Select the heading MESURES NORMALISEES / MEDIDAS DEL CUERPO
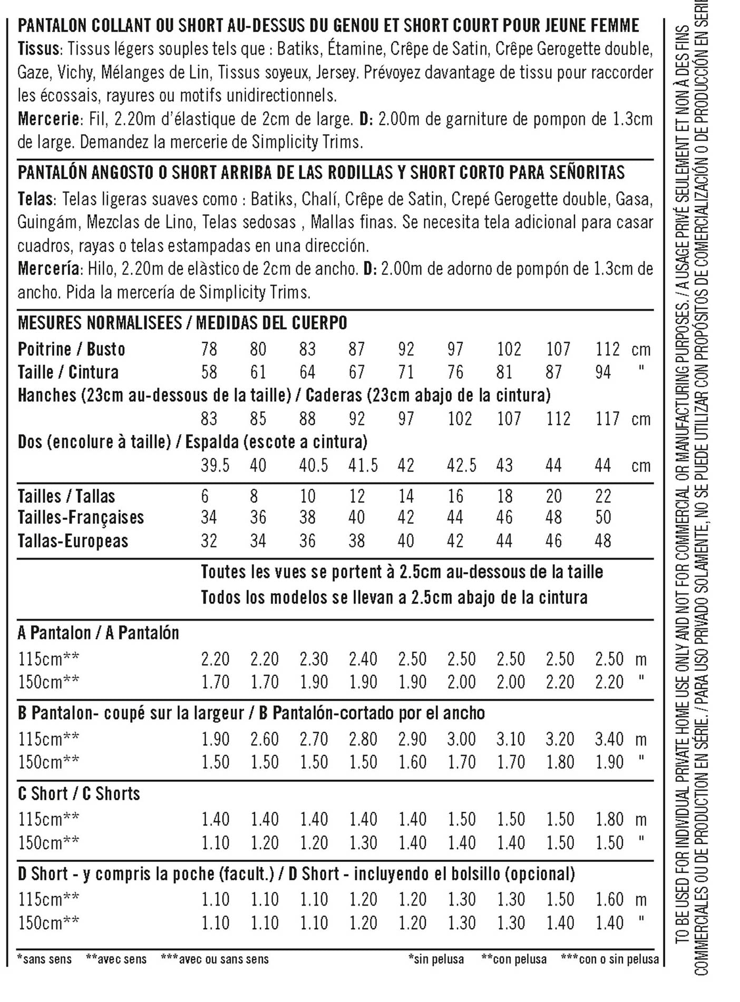coord(182,322)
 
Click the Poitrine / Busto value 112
coord(608,349)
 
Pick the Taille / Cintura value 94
coord(603,372)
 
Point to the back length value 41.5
coord(363,465)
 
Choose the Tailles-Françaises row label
coord(81,517)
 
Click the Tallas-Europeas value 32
coord(209,541)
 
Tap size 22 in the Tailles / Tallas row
coord(603,496)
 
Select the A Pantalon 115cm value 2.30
coord(314,659)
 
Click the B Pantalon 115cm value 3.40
coord(609,739)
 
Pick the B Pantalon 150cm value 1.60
coord(412,762)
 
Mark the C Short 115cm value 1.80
coord(609,819)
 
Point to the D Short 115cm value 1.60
coord(609,899)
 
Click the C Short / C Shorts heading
coord(79,793)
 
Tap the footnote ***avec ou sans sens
coord(215,959)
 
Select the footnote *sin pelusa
coord(436,959)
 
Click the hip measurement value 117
coord(608,419)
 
